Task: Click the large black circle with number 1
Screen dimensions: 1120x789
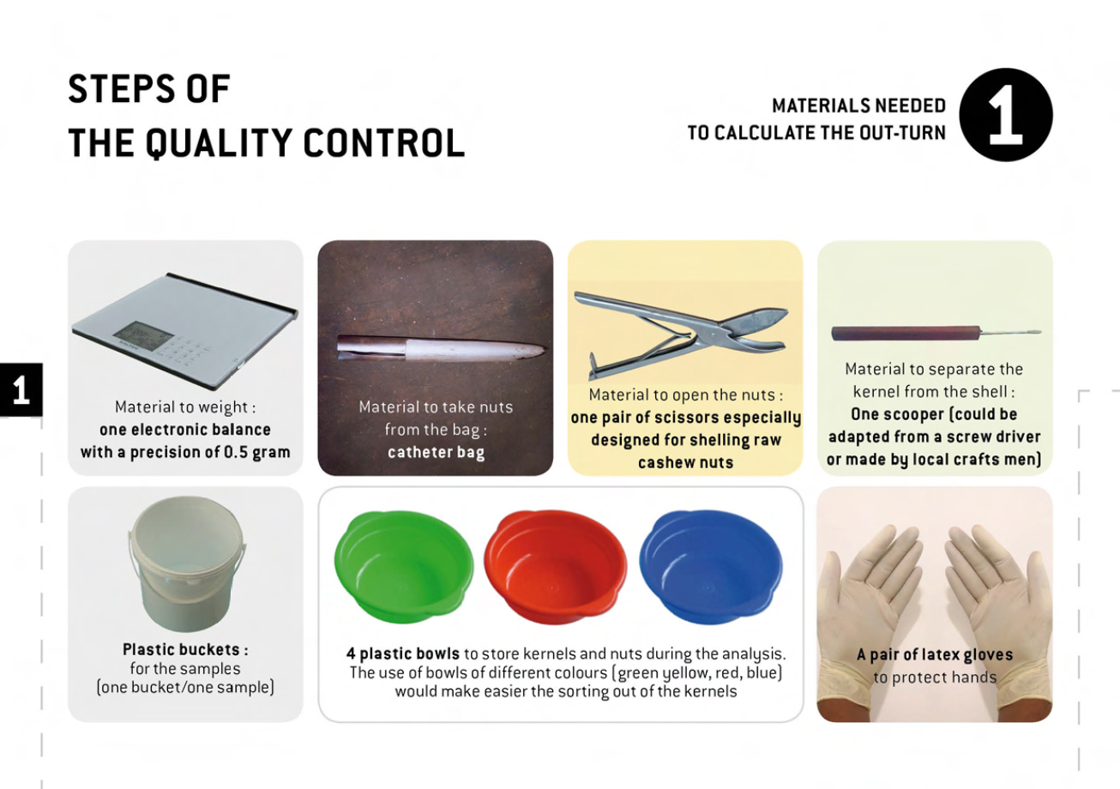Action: click(1005, 115)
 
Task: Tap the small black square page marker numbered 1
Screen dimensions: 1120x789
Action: click(21, 390)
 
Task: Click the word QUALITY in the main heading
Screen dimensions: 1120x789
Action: click(219, 143)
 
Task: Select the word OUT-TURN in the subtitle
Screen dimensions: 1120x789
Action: click(902, 133)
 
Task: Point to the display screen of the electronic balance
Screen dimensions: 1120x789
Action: click(143, 332)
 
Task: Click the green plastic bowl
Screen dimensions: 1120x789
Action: click(404, 566)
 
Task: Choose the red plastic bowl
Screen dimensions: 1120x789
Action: click(555, 567)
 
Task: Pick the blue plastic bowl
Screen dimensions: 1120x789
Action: click(711, 567)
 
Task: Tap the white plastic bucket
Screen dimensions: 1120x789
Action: click(187, 564)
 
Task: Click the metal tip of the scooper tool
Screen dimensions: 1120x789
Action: click(1011, 332)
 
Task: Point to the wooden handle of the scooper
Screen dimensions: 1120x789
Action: click(906, 333)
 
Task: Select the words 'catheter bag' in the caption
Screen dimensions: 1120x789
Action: click(436, 453)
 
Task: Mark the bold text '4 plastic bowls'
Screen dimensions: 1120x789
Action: click(402, 653)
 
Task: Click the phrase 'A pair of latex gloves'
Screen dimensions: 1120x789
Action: click(935, 654)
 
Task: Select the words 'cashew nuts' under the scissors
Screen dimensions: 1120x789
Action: click(685, 462)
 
